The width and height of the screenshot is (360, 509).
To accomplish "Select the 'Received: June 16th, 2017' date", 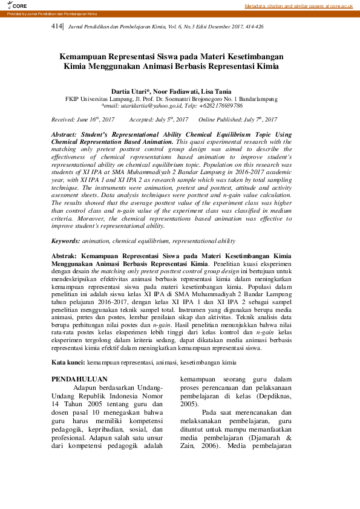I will tap(83, 120).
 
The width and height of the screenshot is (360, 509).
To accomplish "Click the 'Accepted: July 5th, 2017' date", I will tap(159, 120).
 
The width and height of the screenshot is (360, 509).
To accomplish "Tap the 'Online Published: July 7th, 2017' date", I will tap(238, 120).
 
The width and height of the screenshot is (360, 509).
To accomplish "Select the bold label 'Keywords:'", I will tap(66, 241).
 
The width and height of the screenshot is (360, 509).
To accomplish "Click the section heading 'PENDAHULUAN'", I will tap(75, 379).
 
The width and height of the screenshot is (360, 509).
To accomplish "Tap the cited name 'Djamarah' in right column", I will tap(272, 438).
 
